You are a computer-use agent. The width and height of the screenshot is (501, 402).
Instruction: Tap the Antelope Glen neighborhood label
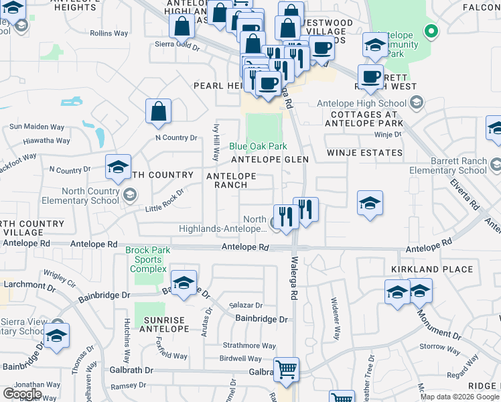270,159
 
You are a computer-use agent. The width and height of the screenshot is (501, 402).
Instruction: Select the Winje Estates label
364,153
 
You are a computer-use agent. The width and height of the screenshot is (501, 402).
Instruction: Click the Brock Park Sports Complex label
147,260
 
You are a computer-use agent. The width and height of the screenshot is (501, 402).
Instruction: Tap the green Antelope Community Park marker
432,31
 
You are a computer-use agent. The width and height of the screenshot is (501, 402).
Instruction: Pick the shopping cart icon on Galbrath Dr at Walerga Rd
286,369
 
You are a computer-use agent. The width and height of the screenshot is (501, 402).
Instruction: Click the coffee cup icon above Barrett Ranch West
370,76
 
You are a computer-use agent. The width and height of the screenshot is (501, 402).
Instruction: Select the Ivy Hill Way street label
216,141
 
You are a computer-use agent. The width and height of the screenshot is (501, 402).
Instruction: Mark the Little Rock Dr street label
164,200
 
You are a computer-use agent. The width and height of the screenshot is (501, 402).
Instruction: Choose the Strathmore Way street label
250,346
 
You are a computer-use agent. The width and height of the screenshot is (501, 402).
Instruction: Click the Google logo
22,394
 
